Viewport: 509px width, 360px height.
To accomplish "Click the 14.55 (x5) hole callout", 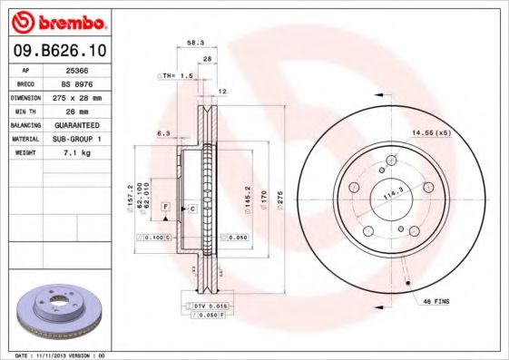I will click(x=430, y=133).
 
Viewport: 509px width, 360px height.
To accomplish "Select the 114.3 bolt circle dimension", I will click(x=391, y=193).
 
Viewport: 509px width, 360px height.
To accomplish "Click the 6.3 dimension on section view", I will click(x=164, y=133).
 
